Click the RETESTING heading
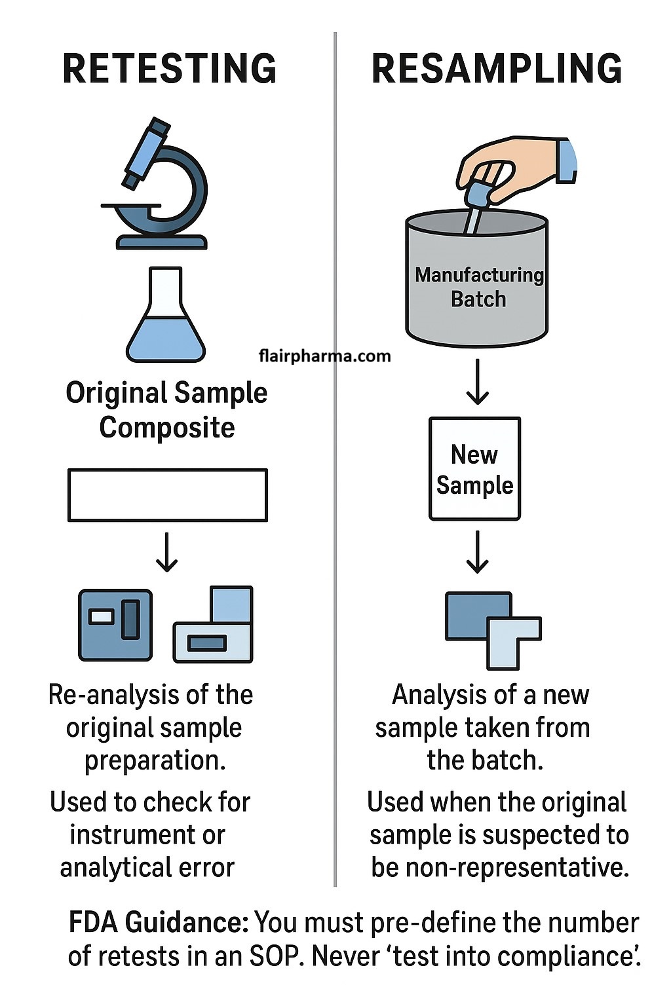click(x=169, y=69)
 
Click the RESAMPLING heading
click(x=497, y=69)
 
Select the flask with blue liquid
click(x=166, y=318)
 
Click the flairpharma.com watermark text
click(x=324, y=356)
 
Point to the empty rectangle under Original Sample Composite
click(x=168, y=495)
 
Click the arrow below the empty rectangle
click(x=167, y=552)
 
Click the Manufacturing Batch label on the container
click(x=479, y=287)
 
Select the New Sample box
click(x=475, y=469)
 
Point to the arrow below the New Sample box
click(x=477, y=552)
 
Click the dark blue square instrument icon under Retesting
click(x=115, y=625)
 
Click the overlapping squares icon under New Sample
click(x=493, y=629)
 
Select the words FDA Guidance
click(x=158, y=922)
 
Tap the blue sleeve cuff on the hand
click(x=567, y=160)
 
